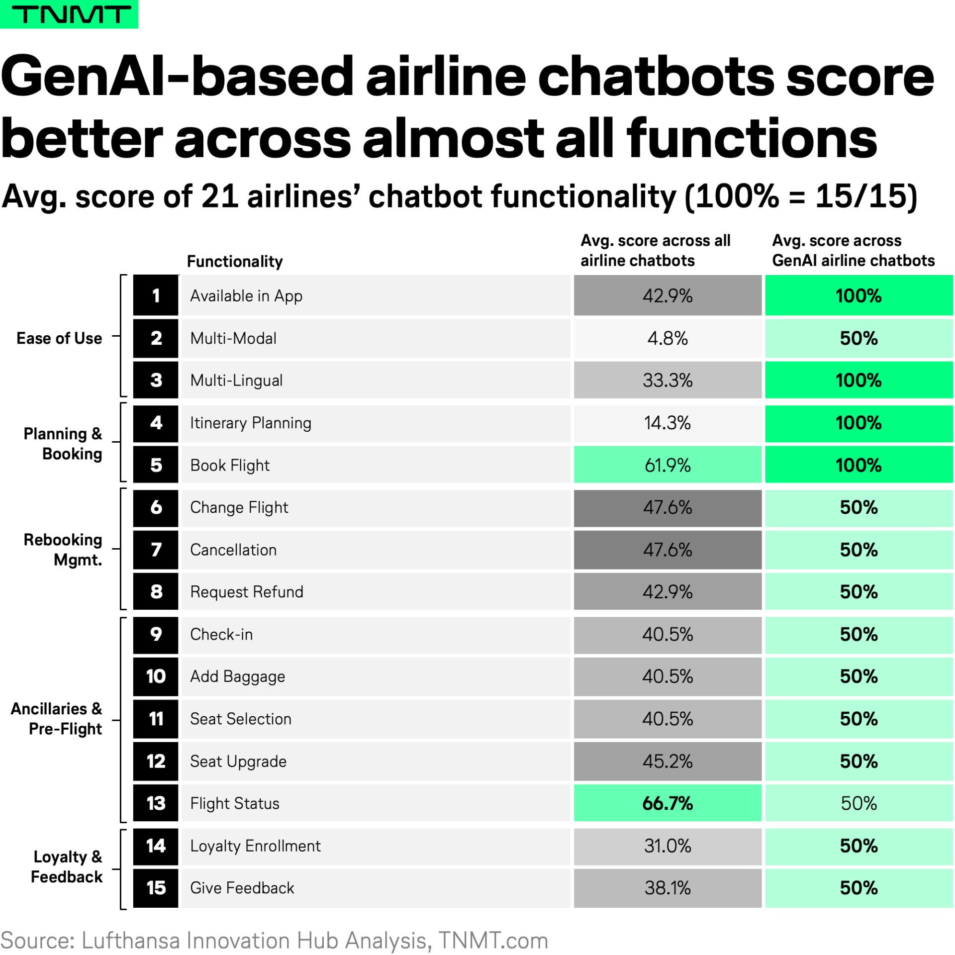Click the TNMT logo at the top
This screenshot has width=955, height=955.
pyautogui.click(x=70, y=14)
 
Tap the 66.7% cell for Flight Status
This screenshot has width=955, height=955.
pyautogui.click(x=667, y=803)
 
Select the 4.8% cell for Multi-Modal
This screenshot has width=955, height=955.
pyautogui.click(x=667, y=338)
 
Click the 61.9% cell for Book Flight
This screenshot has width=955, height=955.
pyautogui.click(x=667, y=465)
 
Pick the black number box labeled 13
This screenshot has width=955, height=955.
pyautogui.click(x=156, y=803)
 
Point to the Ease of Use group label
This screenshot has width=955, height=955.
pyautogui.click(x=59, y=338)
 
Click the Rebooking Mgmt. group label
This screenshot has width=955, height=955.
pyautogui.click(x=63, y=550)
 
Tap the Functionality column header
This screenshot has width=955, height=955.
pyautogui.click(x=235, y=261)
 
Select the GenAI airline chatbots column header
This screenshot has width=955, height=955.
pyautogui.click(x=853, y=250)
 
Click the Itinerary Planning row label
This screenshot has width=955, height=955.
pyautogui.click(x=251, y=423)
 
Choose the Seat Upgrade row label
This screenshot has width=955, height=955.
pyautogui.click(x=238, y=761)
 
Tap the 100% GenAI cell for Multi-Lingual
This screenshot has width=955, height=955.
pyautogui.click(x=859, y=381)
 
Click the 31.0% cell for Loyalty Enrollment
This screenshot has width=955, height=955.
pyautogui.click(x=667, y=846)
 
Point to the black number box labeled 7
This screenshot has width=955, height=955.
pyautogui.click(x=156, y=550)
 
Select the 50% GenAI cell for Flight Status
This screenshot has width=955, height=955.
pyautogui.click(x=859, y=803)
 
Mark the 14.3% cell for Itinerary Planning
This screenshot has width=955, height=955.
pyautogui.click(x=667, y=423)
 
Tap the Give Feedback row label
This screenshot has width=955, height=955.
pyautogui.click(x=242, y=888)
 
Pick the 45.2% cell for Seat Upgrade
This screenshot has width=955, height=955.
pyautogui.click(x=667, y=761)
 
